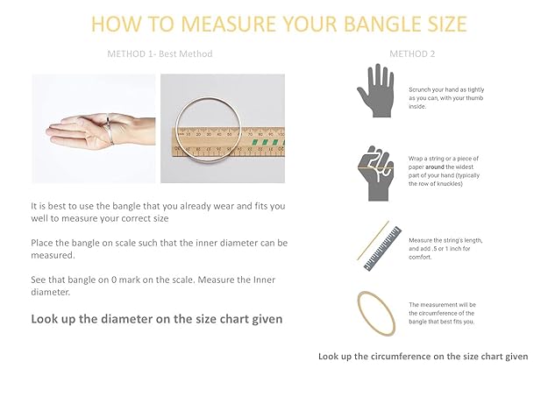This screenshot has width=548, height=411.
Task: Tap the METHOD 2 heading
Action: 412,53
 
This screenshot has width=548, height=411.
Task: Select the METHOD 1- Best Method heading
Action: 160,53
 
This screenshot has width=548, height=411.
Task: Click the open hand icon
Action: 375,90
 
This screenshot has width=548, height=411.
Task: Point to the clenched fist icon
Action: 376,174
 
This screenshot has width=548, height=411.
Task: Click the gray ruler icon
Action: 382,249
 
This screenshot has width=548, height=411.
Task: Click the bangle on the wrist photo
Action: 110,129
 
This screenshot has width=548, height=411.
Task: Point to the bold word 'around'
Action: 435,167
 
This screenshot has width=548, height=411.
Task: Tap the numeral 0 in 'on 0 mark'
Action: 114,280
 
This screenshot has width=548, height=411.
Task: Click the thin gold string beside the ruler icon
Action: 373,240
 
